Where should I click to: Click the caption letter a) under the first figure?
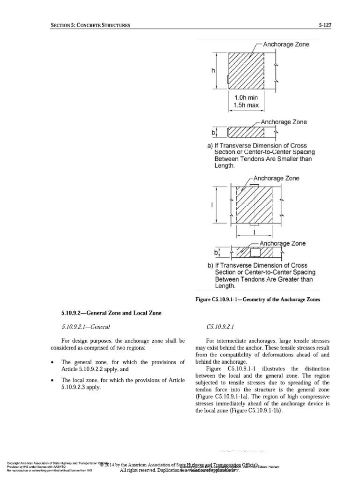(x=211, y=146)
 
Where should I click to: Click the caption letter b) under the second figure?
(x=211, y=265)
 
